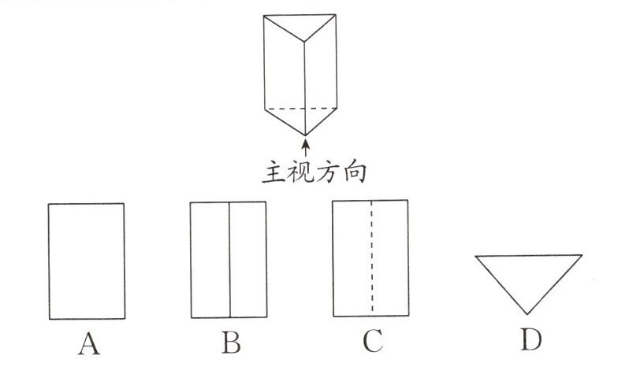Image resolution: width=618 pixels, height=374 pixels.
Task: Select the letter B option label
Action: click(230, 344)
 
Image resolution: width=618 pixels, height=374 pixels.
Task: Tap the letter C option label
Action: click(372, 343)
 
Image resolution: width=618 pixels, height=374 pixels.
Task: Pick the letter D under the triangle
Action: click(530, 340)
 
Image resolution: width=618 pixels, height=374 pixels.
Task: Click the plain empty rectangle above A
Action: click(86, 261)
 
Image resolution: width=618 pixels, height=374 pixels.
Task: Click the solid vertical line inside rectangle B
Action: click(229, 260)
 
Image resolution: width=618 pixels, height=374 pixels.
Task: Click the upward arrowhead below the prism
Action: click(304, 143)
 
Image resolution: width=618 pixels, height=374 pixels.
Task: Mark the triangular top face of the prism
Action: click(303, 27)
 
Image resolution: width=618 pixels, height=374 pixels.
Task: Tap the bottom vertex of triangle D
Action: click(529, 313)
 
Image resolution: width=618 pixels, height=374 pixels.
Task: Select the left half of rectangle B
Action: click(210, 260)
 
